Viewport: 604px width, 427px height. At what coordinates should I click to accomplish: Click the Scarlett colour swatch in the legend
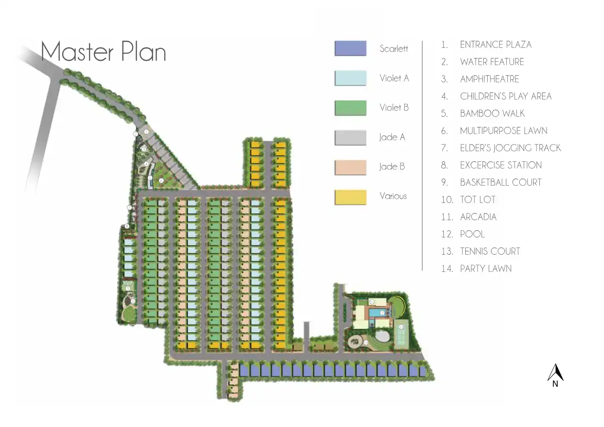[x=350, y=48]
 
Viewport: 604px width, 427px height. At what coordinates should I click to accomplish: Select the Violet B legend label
[x=394, y=108]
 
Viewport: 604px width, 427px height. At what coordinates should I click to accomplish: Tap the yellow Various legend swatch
[x=350, y=197]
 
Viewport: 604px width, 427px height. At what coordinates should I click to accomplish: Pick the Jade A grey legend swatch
[x=350, y=137]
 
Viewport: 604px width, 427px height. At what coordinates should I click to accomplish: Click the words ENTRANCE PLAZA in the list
[x=495, y=45]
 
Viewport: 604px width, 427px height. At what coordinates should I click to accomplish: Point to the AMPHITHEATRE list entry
[x=489, y=79]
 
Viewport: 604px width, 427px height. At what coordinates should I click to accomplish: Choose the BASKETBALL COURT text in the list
[x=501, y=182]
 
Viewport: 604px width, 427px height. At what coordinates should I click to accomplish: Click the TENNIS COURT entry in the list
[x=490, y=251]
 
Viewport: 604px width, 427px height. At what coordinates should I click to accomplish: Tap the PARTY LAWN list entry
[x=485, y=269]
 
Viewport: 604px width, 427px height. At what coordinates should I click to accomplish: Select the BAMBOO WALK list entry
[x=492, y=113]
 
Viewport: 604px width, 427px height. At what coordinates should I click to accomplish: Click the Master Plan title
[x=103, y=52]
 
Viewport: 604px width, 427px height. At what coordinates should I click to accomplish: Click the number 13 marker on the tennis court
[x=401, y=327]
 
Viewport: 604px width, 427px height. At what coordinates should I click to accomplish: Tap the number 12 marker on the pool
[x=382, y=313]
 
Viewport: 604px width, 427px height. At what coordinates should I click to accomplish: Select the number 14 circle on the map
[x=366, y=343]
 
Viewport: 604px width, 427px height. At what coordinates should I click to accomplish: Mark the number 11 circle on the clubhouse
[x=372, y=302]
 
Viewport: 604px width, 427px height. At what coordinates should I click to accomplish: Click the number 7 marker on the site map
[x=129, y=208]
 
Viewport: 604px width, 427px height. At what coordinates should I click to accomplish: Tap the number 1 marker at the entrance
[x=146, y=132]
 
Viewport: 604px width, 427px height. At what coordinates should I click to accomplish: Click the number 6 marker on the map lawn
[x=161, y=180]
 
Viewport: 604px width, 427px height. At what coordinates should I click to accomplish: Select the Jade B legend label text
[x=392, y=167]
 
